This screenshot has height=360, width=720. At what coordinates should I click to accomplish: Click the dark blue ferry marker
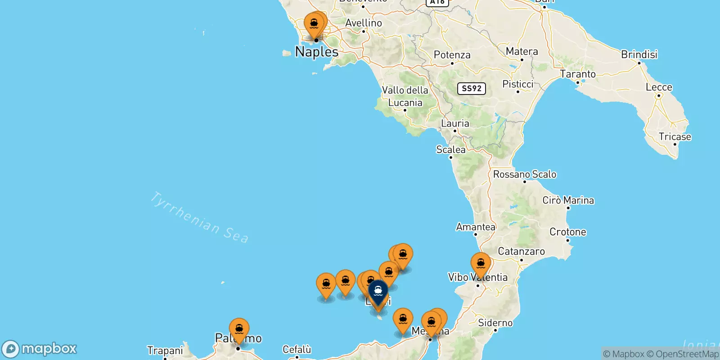tap(378, 291)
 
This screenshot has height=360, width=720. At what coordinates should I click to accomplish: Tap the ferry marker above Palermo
tap(239, 329)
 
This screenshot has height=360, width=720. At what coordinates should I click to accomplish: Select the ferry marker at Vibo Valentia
tap(481, 264)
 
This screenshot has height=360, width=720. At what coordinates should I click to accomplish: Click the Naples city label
tap(317, 52)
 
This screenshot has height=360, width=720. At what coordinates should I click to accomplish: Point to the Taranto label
tap(577, 74)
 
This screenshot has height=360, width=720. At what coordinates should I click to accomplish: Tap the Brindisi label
tap(639, 54)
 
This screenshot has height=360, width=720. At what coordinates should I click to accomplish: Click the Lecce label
tap(659, 87)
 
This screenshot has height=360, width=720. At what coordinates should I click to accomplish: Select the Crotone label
tap(567, 232)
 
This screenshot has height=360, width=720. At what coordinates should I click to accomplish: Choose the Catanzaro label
tap(521, 252)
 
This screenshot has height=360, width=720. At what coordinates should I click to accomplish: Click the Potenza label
tap(452, 55)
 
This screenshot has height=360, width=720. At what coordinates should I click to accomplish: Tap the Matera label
tap(522, 51)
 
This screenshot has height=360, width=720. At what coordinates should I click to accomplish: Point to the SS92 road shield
tap(472, 88)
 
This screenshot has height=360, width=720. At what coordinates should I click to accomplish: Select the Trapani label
tap(165, 351)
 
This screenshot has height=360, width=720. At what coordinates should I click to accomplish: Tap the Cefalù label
tap(297, 350)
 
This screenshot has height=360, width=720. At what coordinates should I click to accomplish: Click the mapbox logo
tap(40, 349)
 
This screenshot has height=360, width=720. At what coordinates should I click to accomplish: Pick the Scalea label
tap(450, 149)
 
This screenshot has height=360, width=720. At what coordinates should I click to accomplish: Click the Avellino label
tap(364, 23)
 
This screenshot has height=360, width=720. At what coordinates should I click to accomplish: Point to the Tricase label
tap(675, 137)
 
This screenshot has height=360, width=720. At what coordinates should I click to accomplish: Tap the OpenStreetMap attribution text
tap(683, 354)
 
